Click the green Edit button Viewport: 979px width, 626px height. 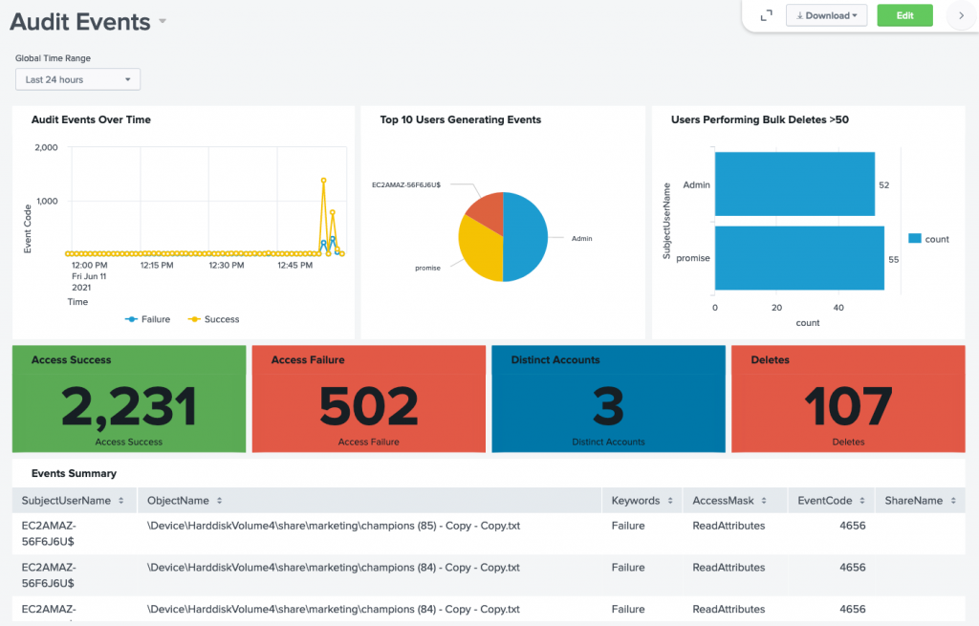[904, 15]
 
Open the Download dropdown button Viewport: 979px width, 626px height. [826, 15]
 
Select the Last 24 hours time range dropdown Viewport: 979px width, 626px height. [77, 79]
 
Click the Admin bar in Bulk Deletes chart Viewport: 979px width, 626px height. [794, 184]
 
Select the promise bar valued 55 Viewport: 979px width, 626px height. [799, 258]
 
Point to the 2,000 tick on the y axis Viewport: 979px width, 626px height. [46, 148]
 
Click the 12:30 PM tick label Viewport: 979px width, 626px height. [226, 265]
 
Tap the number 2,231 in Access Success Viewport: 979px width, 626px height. [129, 407]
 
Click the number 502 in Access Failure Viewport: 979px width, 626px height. [368, 407]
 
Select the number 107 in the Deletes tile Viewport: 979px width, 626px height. [848, 407]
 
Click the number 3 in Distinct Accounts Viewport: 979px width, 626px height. [608, 407]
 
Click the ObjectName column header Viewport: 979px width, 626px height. [179, 501]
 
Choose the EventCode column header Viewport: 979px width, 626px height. [824, 501]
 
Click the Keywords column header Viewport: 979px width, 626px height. [636, 501]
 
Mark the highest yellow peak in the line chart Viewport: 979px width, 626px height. [323, 180]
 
